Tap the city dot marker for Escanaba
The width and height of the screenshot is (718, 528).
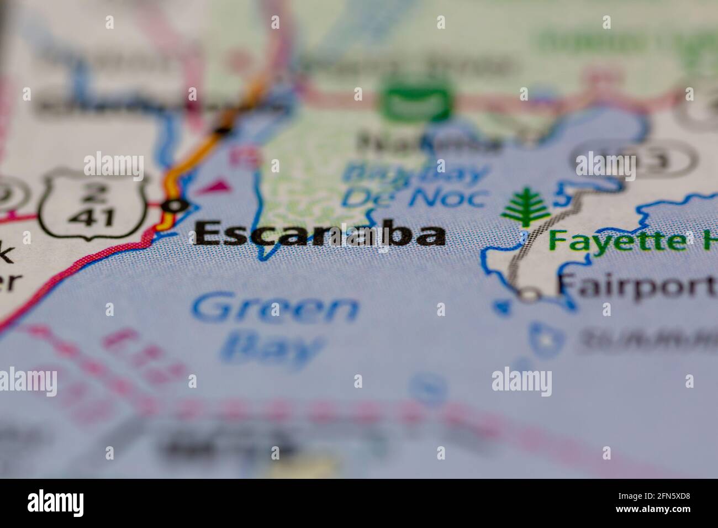click(x=176, y=206)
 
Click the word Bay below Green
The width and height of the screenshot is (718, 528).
click(x=271, y=349)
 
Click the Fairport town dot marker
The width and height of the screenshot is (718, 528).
click(x=529, y=295)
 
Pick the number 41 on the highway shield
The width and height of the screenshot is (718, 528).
click(x=92, y=217)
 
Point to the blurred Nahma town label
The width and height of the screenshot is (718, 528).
click(x=429, y=142)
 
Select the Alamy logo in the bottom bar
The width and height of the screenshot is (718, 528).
click(x=56, y=503)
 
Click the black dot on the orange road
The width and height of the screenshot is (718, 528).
click(x=222, y=130)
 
